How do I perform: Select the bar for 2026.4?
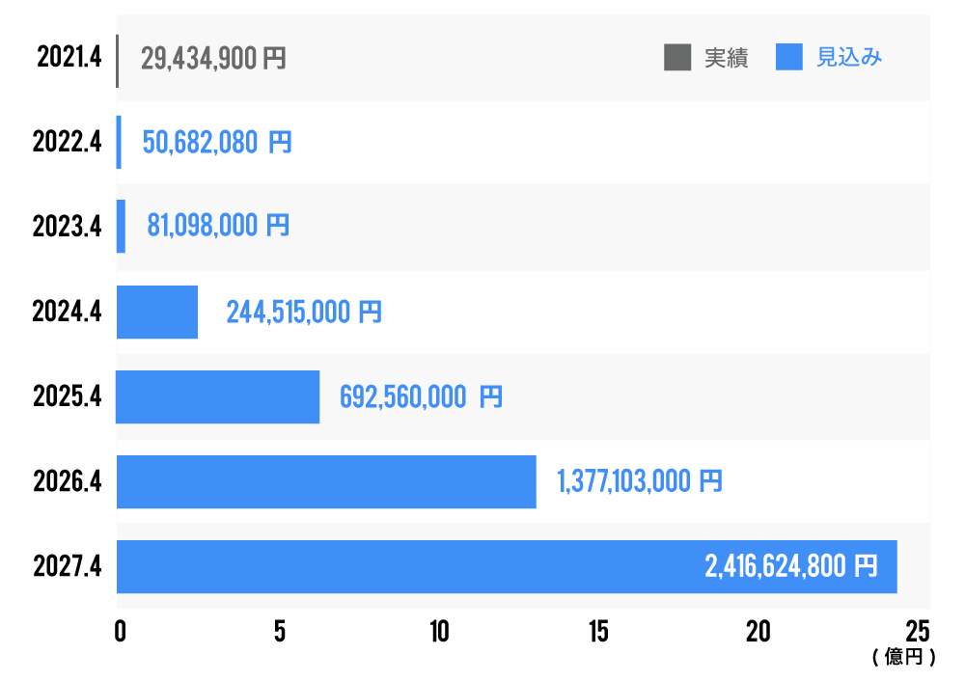click(x=326, y=481)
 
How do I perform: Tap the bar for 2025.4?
click(x=217, y=396)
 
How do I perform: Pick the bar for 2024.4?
click(x=157, y=312)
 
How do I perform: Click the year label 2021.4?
click(x=69, y=58)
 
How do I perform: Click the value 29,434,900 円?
click(x=213, y=59)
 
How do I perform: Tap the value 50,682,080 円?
click(x=217, y=144)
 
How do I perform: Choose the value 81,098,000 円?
click(x=218, y=227)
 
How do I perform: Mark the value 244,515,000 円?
click(x=304, y=313)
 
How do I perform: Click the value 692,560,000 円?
click(x=421, y=397)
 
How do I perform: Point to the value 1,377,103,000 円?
click(x=639, y=482)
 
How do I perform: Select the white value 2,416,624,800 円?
click(x=791, y=567)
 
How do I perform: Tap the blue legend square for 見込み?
click(x=789, y=58)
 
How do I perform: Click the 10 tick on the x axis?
click(x=439, y=632)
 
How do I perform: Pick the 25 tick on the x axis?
click(x=918, y=632)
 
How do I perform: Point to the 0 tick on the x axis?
click(x=120, y=632)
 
